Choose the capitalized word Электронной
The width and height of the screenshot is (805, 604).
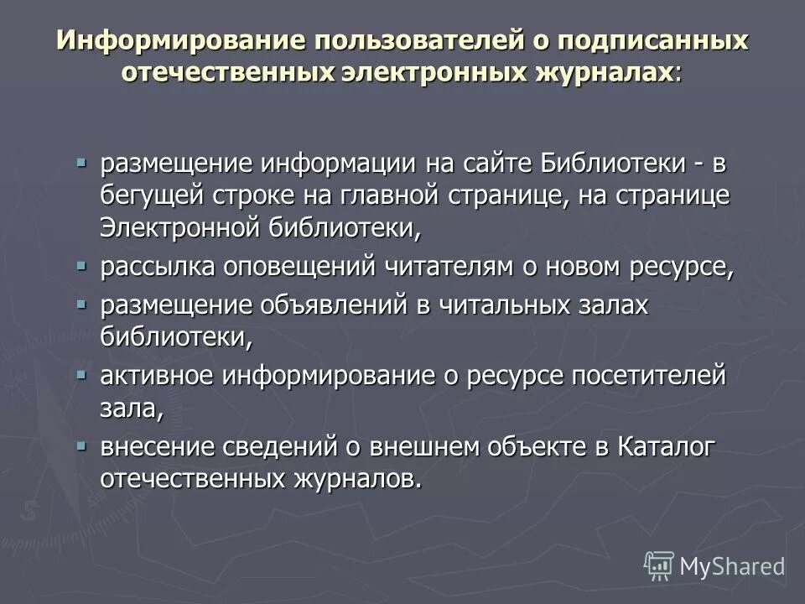(183, 226)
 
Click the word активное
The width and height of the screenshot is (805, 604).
(157, 377)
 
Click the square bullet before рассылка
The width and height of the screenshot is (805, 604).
(81, 266)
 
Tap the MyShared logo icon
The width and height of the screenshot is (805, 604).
(658, 566)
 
